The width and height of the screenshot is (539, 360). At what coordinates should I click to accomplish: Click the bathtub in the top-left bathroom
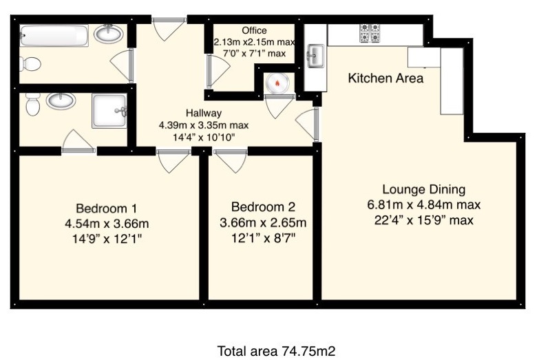coord(54,34)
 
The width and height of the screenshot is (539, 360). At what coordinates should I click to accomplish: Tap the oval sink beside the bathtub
coord(108,33)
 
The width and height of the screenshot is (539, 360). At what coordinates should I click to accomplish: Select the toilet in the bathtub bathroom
coord(30,64)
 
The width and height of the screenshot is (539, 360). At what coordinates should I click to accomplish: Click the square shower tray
coord(109,111)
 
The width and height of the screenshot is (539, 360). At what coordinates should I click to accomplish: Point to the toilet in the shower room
coord(32,105)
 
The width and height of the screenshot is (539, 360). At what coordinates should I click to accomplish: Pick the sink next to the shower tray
coord(61,101)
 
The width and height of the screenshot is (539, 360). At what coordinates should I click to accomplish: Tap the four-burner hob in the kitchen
coord(366,33)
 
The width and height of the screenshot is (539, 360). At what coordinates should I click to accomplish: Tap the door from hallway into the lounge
coord(309,124)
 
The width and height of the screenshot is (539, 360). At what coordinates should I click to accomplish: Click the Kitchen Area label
coord(385,78)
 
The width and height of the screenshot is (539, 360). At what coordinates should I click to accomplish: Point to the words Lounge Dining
coord(424,189)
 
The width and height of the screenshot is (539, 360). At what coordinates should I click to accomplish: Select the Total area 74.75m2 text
coord(276,350)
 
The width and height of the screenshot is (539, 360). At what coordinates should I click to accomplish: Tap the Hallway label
coord(202,113)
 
